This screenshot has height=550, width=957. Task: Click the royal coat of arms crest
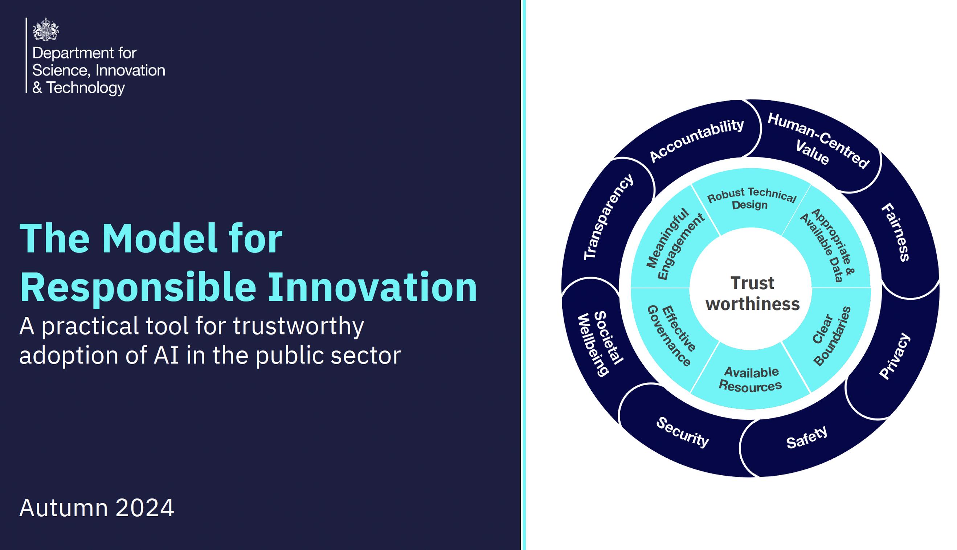[46, 29]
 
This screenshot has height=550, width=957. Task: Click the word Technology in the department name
[85, 88]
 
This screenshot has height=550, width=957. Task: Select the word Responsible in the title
[138, 287]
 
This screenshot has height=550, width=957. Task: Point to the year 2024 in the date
[145, 508]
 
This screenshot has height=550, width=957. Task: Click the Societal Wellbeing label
[600, 343]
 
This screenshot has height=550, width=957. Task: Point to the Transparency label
[609, 217]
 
